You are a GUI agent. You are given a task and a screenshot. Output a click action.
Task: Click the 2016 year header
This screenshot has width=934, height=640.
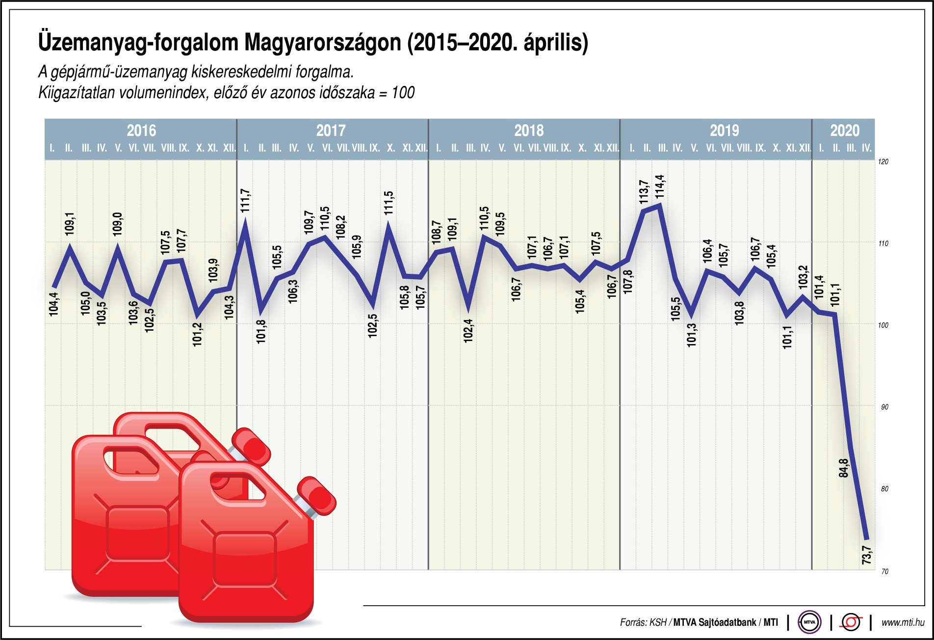click(x=141, y=131)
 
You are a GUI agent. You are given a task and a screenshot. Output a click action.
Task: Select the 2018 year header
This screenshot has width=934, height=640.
click(x=529, y=131)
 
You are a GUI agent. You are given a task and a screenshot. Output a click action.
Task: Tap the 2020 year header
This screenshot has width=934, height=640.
click(x=845, y=131)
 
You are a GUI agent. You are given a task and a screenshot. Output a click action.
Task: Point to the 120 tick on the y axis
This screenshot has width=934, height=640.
click(x=883, y=161)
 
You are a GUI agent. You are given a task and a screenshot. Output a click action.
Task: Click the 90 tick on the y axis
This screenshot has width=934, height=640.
click(x=884, y=407)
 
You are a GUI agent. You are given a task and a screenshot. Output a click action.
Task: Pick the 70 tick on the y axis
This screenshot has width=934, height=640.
click(x=884, y=571)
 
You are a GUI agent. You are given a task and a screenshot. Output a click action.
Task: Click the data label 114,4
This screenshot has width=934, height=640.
click(x=660, y=187)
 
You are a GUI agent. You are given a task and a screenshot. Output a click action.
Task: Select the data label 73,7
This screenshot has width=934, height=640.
click(x=867, y=555)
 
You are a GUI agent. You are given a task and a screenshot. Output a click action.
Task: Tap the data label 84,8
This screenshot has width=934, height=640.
click(x=843, y=468)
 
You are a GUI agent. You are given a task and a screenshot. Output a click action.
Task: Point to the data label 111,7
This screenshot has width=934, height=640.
click(x=245, y=200)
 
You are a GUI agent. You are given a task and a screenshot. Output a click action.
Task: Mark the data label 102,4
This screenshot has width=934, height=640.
click(x=468, y=330)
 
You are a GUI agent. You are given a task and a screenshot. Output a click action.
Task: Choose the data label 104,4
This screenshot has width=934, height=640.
click(x=53, y=304)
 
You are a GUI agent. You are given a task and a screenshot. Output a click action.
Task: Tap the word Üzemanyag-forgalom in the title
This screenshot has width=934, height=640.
click(x=137, y=42)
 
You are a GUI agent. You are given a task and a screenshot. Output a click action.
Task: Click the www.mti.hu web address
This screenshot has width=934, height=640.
click(x=903, y=622)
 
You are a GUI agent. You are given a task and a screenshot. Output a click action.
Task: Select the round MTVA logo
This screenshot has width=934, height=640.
click(x=809, y=622)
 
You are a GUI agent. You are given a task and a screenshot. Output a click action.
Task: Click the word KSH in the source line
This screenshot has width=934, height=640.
click(x=658, y=622)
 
